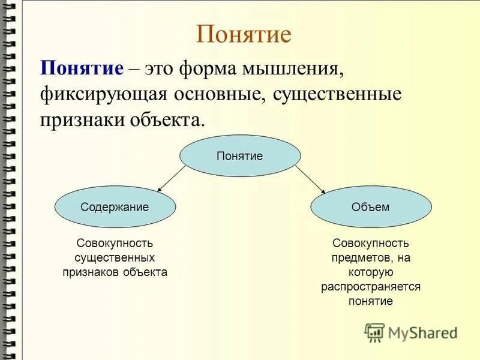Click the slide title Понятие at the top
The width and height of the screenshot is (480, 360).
pyautogui.click(x=244, y=34)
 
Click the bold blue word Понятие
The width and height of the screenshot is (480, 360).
pyautogui.click(x=82, y=68)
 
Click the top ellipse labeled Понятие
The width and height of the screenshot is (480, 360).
pyautogui.click(x=240, y=156)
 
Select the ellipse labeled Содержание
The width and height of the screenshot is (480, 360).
pyautogui.click(x=115, y=207)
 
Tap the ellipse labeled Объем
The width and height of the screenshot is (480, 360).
pyautogui.click(x=370, y=207)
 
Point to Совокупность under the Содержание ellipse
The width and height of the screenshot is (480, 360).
pyautogui.click(x=115, y=243)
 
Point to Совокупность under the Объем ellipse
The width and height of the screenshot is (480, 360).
pyautogui.click(x=370, y=243)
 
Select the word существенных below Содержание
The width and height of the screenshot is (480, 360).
pyautogui.click(x=115, y=257)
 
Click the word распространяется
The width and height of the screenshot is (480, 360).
pyautogui.click(x=370, y=286)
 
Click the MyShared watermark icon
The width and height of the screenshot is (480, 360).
pyautogui.click(x=375, y=332)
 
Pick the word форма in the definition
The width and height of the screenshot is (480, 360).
pyautogui.click(x=204, y=69)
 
